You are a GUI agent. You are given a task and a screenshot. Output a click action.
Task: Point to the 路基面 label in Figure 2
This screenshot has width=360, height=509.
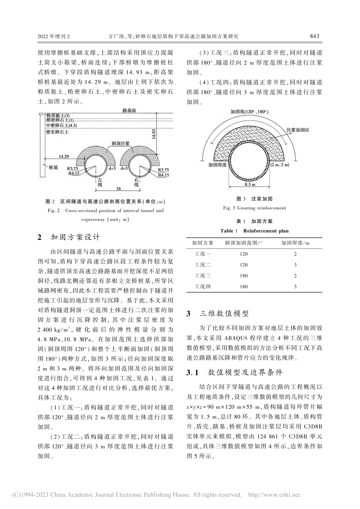point(129,110)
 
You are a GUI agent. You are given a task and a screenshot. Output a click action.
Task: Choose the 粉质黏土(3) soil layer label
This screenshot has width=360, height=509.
point(58,116)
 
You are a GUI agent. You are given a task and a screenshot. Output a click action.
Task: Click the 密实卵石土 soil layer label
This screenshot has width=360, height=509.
point(57,132)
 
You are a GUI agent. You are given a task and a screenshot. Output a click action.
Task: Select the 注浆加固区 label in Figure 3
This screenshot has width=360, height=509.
point(298,130)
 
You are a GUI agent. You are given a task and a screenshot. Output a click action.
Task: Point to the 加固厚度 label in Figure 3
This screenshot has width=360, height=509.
point(217,165)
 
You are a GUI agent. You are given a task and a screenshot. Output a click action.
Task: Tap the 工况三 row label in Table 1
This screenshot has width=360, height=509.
point(203,276)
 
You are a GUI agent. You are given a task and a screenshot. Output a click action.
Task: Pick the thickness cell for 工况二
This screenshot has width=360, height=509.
point(295,265)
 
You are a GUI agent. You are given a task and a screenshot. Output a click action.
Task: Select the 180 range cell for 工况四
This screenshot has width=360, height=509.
point(243,287)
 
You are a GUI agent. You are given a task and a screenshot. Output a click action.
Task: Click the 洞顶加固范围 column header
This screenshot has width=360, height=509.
point(244,243)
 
